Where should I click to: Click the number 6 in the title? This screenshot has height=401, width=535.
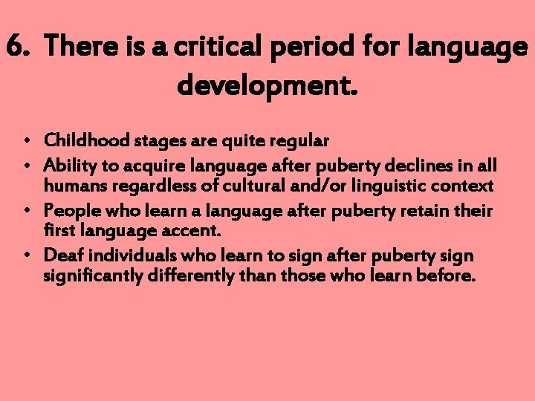(16, 48)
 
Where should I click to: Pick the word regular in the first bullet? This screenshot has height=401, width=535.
(300, 140)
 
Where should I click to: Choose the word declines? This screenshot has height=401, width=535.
(405, 165)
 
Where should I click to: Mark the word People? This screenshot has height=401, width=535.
(68, 212)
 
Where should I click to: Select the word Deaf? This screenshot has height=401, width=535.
(60, 256)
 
